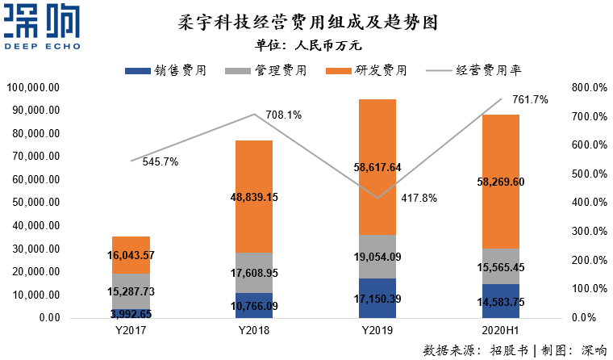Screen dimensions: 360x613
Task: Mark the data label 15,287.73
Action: [x=131, y=291]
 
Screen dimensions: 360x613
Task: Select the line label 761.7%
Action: [x=530, y=100]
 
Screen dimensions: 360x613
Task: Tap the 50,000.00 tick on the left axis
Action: [x=34, y=203]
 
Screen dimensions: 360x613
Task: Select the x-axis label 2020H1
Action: [x=501, y=331]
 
